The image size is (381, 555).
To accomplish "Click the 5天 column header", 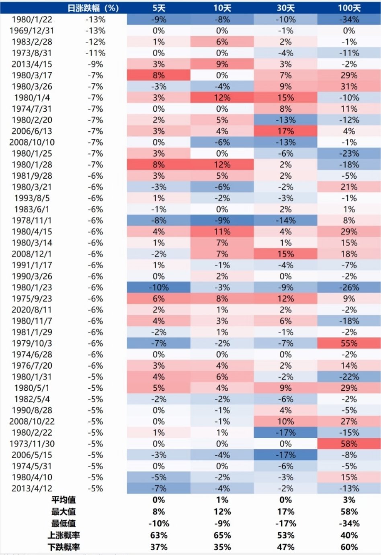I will pos(159,8).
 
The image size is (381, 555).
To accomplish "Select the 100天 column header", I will pos(349,8).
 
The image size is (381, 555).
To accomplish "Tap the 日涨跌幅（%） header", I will pos(93,8).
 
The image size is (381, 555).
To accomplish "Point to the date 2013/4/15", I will pos(32,64).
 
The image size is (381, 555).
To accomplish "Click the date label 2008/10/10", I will pos(32,142).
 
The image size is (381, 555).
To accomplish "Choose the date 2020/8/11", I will pos(32,310).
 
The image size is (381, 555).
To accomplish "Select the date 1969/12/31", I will pos(32,31).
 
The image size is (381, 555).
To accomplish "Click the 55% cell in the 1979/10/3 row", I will pos(349,343).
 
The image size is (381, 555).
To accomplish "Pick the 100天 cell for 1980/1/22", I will pos(349,19).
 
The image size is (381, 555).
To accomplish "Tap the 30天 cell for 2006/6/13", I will pos(285,131).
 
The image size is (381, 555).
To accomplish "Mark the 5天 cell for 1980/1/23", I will pos(159,288).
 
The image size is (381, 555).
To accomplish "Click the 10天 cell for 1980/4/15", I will pos(222,232).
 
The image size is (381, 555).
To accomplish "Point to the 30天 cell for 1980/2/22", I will pos(285,433).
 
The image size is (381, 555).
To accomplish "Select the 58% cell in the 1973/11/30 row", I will pos(349,444).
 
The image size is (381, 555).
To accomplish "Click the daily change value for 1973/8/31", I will pos(95,53).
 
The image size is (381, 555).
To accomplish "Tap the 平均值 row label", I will pos(63,500).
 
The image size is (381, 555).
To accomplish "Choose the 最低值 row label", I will pos(63,523).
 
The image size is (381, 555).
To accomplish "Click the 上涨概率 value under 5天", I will pos(159,535).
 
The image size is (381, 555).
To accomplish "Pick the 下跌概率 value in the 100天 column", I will pos(349,547).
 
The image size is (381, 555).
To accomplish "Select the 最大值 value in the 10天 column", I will pos(222,512).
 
